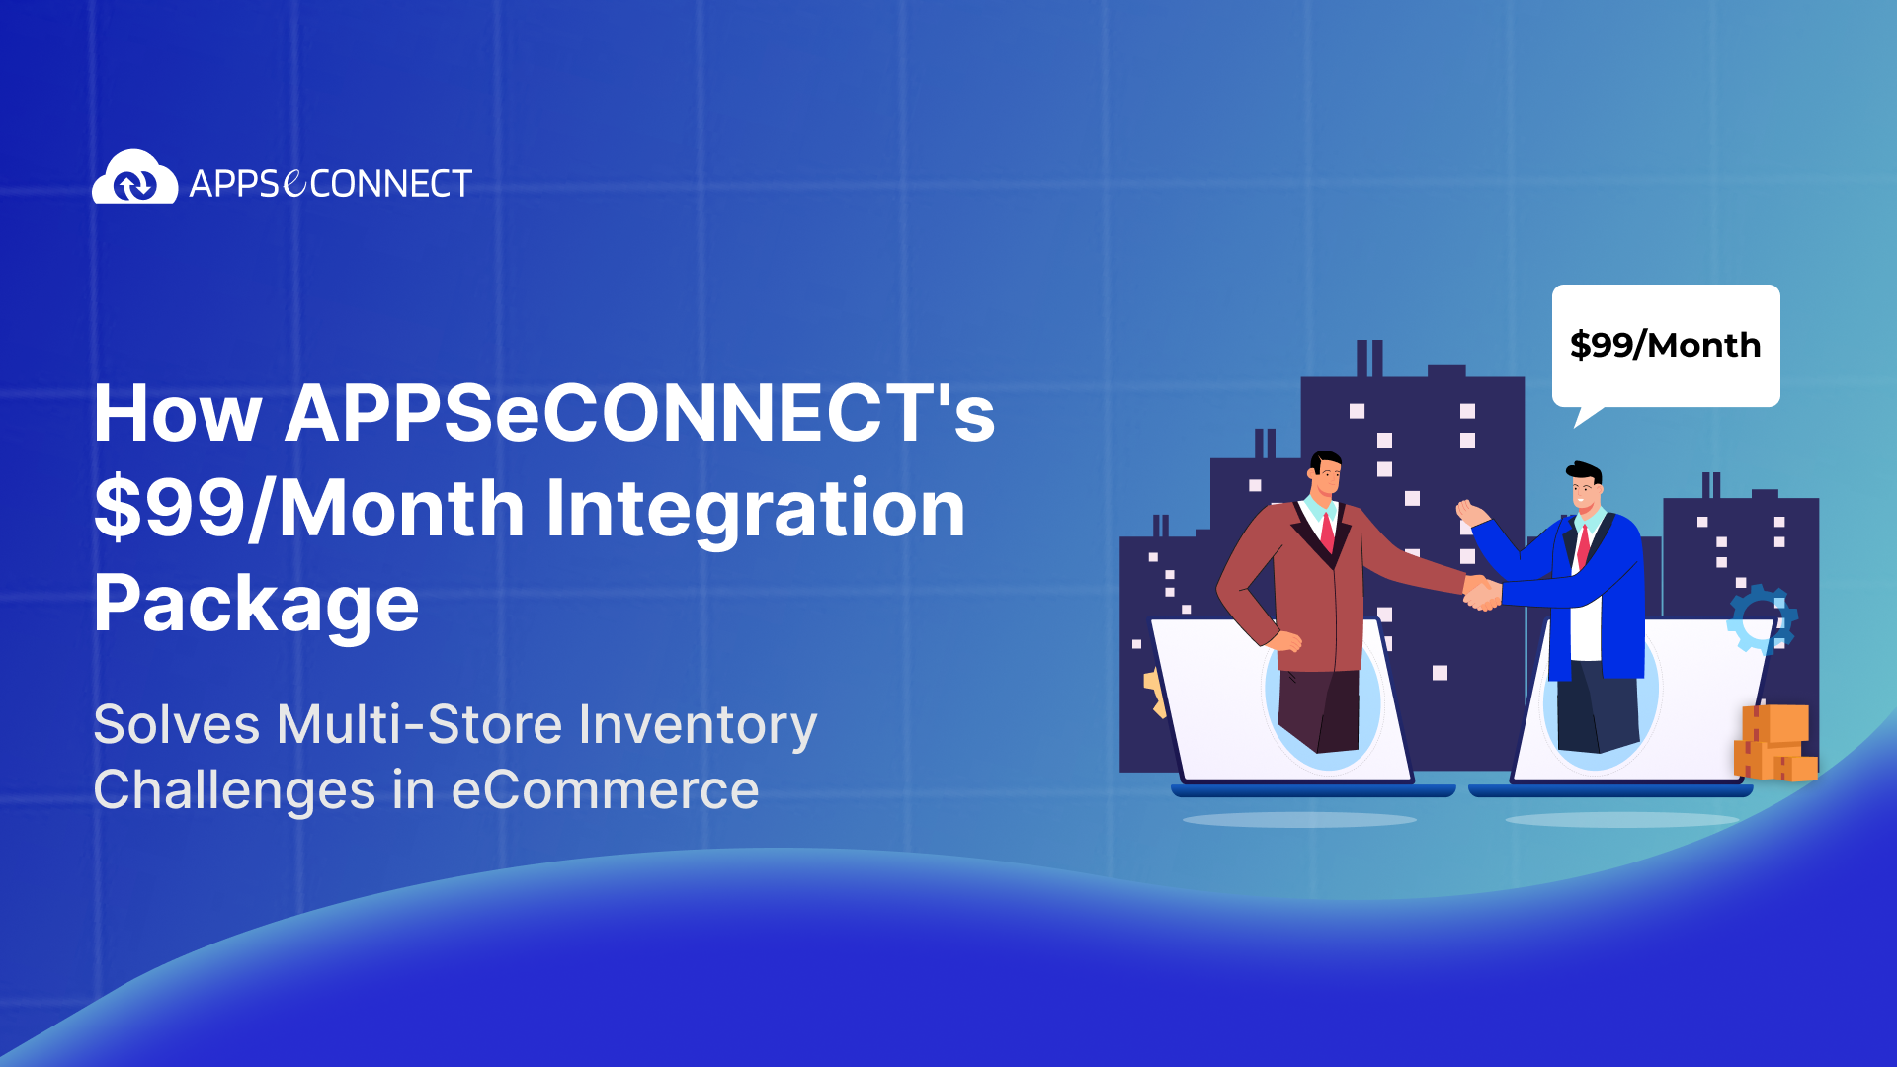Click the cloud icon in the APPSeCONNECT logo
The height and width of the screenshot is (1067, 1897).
(x=134, y=179)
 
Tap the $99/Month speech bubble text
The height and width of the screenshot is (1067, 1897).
(x=1665, y=345)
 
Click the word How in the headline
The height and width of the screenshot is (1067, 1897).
(x=178, y=413)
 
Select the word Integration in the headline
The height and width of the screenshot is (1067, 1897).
(x=755, y=508)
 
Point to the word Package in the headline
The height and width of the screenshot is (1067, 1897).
(x=256, y=604)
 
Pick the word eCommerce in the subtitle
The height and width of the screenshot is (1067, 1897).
(x=605, y=790)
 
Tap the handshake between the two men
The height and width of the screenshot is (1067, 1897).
(x=1481, y=593)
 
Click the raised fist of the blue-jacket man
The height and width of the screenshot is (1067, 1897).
(x=1469, y=512)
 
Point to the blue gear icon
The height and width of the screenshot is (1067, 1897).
(x=1762, y=619)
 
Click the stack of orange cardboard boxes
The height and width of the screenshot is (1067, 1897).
(x=1774, y=743)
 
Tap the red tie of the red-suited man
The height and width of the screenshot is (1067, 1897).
(x=1327, y=532)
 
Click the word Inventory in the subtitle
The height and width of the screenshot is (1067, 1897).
(x=698, y=724)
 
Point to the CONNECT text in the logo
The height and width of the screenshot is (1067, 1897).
(x=391, y=184)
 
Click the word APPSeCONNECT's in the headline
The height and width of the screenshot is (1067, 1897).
(x=639, y=413)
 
